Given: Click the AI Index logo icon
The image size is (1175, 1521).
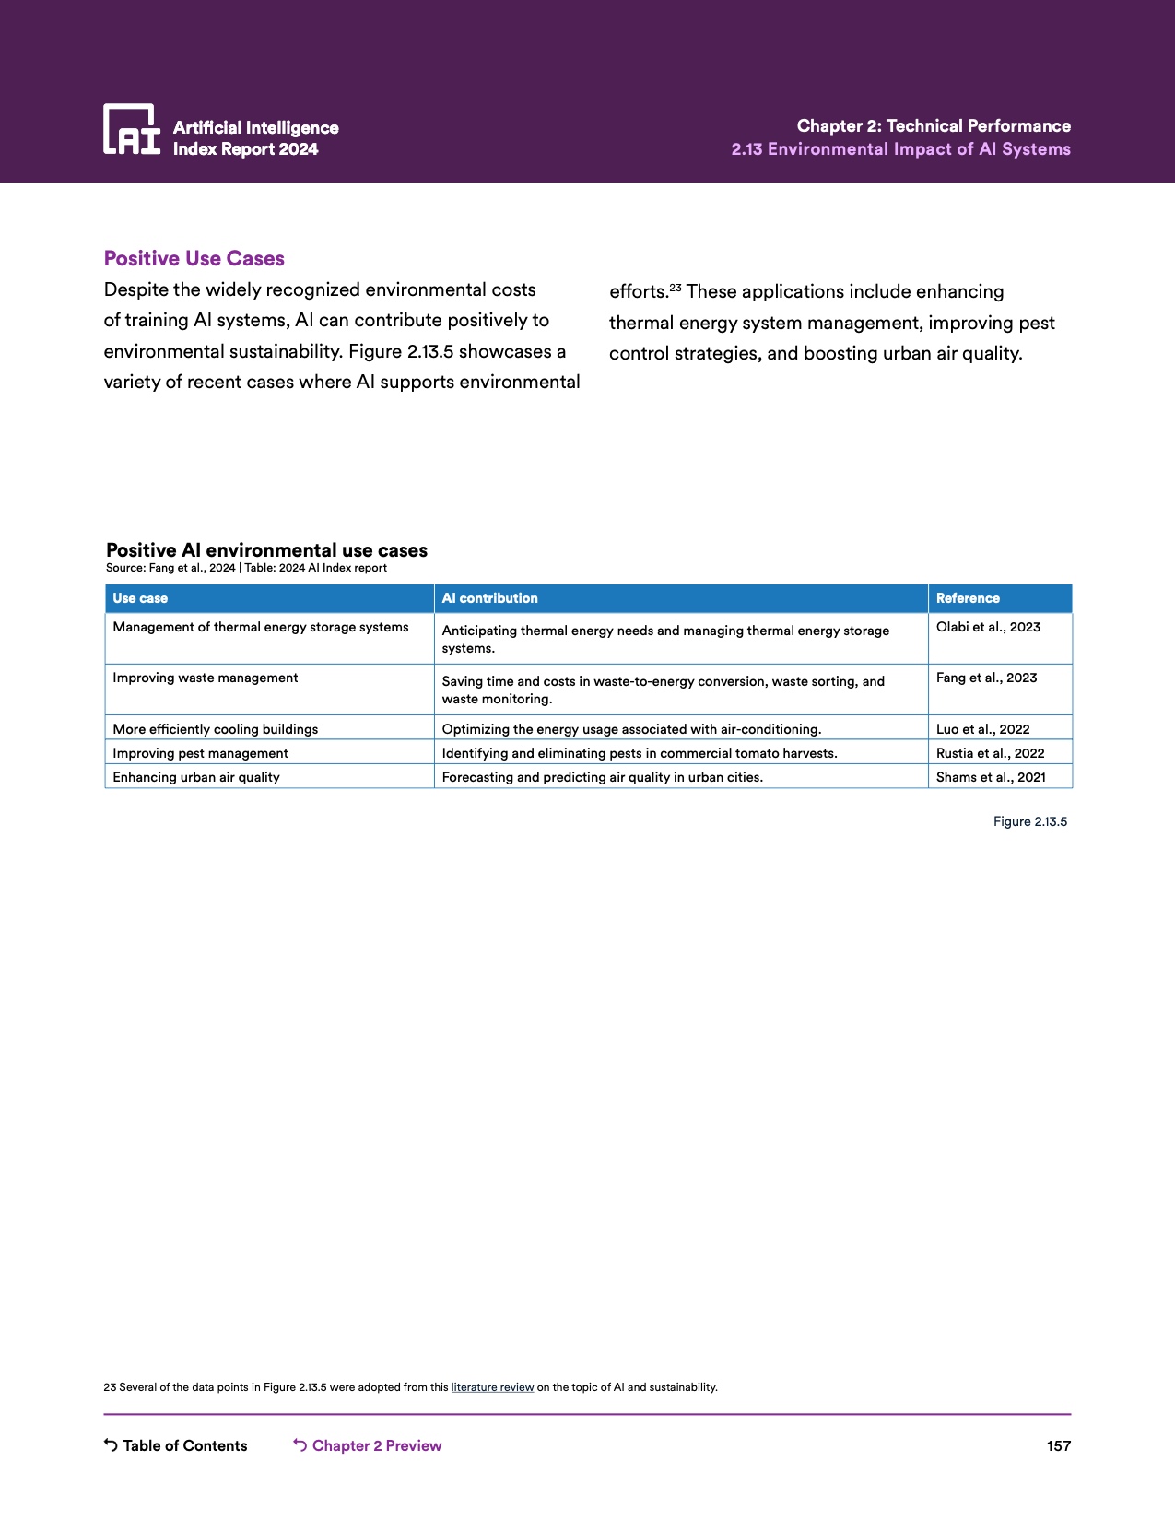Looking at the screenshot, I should [131, 129].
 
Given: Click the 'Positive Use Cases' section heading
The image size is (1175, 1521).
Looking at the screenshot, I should [194, 259].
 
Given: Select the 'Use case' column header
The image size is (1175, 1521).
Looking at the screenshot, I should [140, 598].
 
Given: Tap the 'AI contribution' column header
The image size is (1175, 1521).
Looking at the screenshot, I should [489, 598].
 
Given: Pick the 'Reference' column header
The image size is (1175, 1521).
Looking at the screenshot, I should [968, 598].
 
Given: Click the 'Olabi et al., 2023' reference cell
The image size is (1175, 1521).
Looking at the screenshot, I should [988, 627].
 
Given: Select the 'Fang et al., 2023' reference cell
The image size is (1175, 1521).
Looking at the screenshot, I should [986, 678].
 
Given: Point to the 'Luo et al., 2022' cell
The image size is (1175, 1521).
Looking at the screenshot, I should [982, 729].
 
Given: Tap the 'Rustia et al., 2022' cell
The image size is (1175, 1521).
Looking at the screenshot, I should [990, 753].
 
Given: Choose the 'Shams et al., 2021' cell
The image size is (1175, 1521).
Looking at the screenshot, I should [991, 777].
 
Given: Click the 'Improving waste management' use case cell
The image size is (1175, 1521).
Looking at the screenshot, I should [206, 678].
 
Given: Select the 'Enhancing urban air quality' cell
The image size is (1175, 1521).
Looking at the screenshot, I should [196, 777].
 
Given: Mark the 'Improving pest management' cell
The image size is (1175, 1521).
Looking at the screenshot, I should [200, 753].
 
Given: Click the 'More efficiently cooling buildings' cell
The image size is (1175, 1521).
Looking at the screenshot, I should [215, 729].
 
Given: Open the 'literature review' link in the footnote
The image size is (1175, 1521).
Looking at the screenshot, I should [492, 1387].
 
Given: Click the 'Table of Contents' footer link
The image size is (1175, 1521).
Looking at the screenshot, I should [184, 1445].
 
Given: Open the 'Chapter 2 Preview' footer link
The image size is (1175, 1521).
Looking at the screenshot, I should [376, 1445].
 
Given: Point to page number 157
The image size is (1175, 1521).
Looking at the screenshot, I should [1058, 1445].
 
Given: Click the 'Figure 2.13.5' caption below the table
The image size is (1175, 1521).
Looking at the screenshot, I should [1029, 821].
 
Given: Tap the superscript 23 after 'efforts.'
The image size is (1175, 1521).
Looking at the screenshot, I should [676, 289].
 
